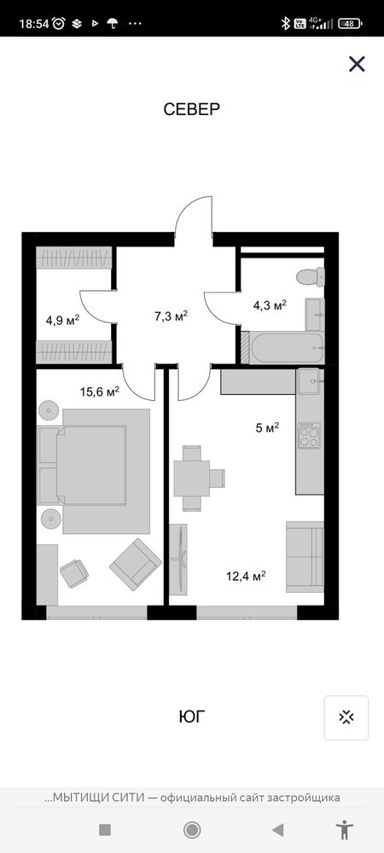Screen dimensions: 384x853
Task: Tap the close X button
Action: pos(357,64)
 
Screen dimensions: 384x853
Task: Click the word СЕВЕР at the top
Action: pos(191,109)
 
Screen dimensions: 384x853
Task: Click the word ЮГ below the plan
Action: pos(193,717)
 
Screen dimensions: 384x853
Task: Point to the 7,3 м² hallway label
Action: pos(172,316)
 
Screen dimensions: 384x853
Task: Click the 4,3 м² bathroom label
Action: pos(270,305)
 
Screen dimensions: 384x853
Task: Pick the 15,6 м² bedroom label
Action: pos(100,392)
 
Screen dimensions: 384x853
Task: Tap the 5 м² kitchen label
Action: pos(267,427)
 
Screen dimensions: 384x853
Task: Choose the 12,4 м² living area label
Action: pos(246,575)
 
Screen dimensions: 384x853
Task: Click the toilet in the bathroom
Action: pos(311,276)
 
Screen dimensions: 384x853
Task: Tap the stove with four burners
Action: pos(310,435)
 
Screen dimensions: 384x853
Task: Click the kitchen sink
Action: pos(309,381)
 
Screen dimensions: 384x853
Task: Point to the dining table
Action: pos(191,479)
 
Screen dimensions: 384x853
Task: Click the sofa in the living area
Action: pos(305,556)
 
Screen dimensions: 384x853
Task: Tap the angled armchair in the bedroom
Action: pos(136,564)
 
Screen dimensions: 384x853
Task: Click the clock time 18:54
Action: pos(34,23)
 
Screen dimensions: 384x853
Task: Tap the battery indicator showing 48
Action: pos(350,23)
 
